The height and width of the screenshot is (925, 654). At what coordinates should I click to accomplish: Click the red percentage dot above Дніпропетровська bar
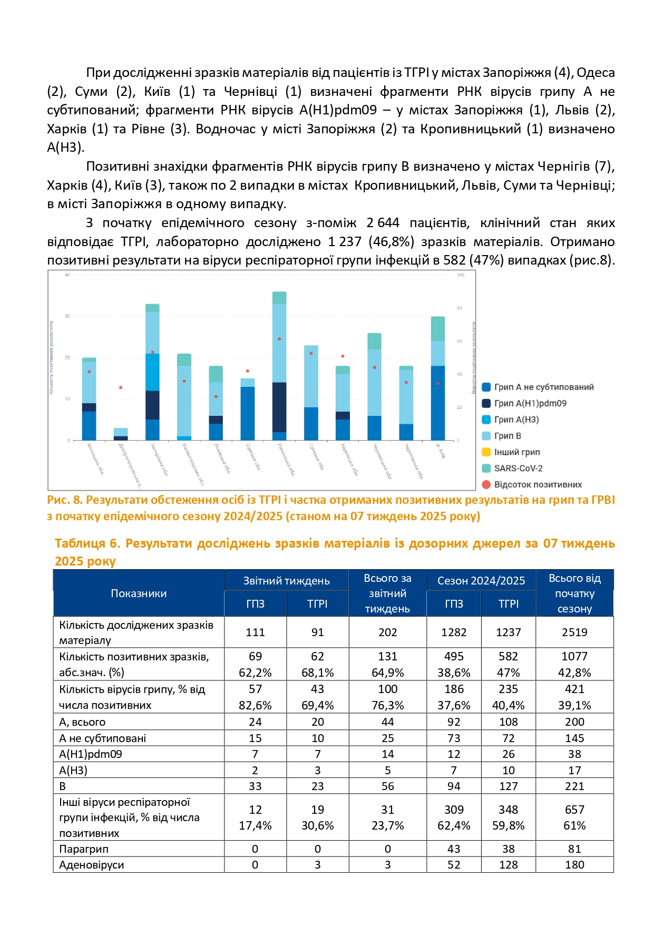121,387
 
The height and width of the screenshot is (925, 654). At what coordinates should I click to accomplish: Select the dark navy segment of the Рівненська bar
279,407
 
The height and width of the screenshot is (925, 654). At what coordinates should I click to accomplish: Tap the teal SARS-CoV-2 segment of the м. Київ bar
438,329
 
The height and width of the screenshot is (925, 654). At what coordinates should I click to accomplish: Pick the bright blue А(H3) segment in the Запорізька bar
152,372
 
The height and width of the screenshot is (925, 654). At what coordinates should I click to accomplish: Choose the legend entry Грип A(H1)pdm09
530,403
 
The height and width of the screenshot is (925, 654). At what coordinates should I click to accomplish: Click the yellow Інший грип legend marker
486,452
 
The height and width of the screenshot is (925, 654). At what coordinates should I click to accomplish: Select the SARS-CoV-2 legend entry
518,468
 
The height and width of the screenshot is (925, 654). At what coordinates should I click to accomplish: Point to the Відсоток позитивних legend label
538,484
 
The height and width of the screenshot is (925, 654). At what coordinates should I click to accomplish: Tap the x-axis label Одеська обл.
253,457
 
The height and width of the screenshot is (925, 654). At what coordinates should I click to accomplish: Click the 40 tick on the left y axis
67,275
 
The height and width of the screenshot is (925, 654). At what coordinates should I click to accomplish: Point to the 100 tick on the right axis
461,275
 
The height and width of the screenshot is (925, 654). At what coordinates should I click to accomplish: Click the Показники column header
139,593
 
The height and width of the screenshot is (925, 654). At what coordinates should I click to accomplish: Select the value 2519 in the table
574,632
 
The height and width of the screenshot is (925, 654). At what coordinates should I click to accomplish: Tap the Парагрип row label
84,849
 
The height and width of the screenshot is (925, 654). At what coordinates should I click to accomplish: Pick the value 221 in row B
574,786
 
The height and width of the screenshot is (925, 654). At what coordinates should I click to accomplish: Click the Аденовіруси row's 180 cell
574,864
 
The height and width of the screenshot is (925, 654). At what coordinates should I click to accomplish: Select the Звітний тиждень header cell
286,581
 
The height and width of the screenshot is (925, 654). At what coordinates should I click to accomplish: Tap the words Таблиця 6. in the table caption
87,543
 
